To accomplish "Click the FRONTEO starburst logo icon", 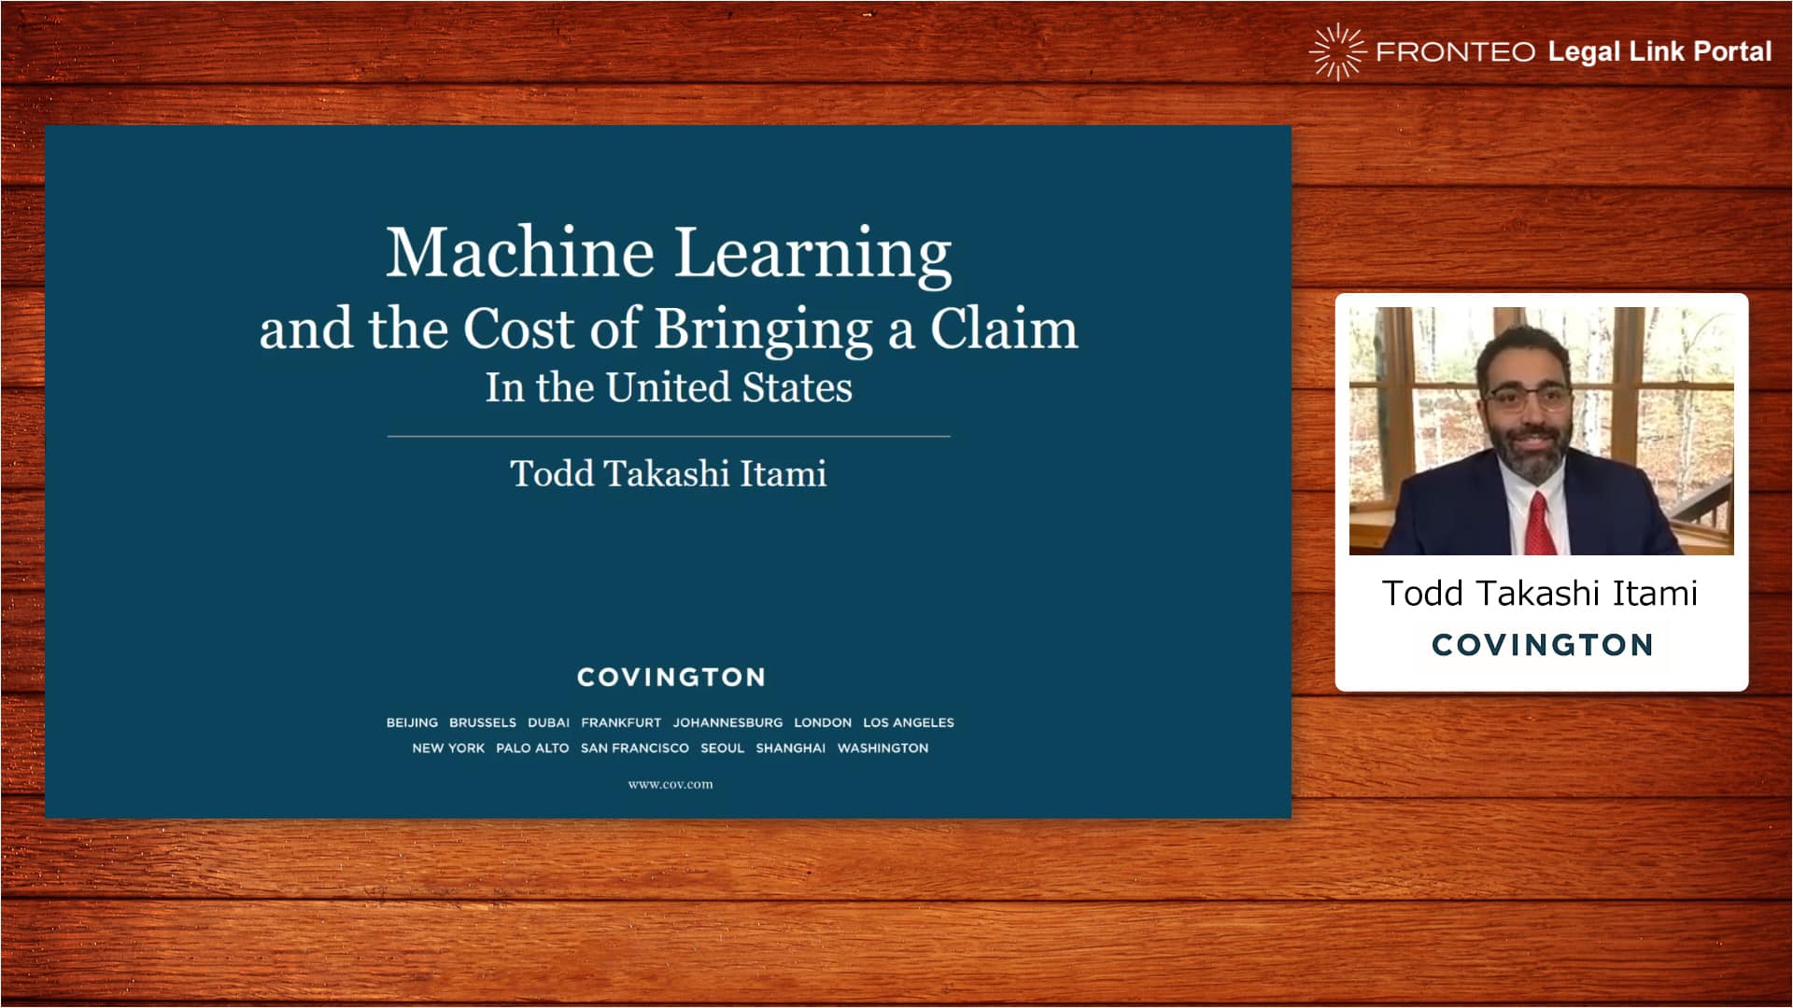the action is pos(1337,51).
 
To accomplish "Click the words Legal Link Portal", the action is pos(1659,52).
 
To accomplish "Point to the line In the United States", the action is pos(669,387).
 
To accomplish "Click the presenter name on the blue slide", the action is pos(669,473).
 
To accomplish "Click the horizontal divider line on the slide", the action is pos(669,436).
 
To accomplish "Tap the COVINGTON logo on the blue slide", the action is pos(671,677).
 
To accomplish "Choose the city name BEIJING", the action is pos(412,722).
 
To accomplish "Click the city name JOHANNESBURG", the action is pos(727,722).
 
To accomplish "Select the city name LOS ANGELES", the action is pos(909,722).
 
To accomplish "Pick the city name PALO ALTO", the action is pos(532,748).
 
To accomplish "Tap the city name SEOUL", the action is pos(722,748).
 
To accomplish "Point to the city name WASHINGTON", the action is pos(882,748).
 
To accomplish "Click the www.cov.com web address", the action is pos(671,784).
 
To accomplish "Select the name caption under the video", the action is pos(1540,594).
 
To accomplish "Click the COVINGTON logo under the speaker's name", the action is pos(1542,645).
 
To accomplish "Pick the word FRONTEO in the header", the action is pos(1455,52).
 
